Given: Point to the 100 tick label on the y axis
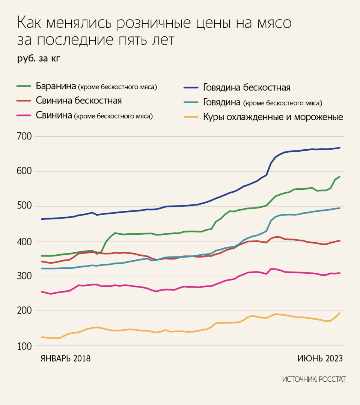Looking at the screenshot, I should pyautogui.click(x=25, y=346).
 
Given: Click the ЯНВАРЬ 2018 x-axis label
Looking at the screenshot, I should pyautogui.click(x=66, y=358).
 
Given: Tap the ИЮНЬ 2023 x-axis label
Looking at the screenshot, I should pyautogui.click(x=320, y=358).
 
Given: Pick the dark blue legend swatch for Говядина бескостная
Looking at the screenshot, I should pyautogui.click(x=191, y=87).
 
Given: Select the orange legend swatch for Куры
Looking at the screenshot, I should pyautogui.click(x=191, y=117).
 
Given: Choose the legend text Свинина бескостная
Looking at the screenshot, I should pyautogui.click(x=79, y=100).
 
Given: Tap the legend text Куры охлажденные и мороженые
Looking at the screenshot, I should pyautogui.click(x=273, y=117).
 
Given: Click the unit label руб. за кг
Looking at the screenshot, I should pyautogui.click(x=39, y=58).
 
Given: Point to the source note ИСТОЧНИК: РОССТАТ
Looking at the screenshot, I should pyautogui.click(x=314, y=379).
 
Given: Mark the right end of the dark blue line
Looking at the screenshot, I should pyautogui.click(x=340, y=148).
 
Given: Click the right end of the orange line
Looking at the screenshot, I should pyautogui.click(x=340, y=313).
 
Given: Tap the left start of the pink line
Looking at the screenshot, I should pyautogui.click(x=41, y=291).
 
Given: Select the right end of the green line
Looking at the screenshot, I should pyautogui.click(x=340, y=177).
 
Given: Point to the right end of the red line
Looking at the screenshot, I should pyautogui.click(x=340, y=240).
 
